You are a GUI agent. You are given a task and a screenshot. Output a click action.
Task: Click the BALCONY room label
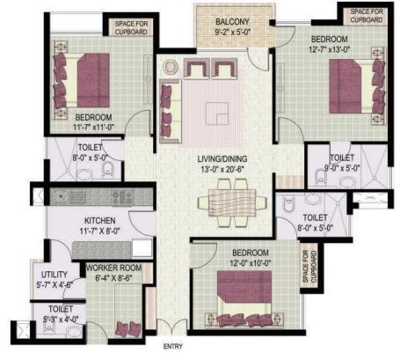(232, 22)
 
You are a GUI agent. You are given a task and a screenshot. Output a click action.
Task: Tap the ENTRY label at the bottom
(173, 347)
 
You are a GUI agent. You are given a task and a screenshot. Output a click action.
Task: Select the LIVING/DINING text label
(222, 158)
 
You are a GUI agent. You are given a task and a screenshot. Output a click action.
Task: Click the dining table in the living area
(232, 203)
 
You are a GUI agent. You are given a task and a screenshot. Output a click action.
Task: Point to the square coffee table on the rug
(217, 114)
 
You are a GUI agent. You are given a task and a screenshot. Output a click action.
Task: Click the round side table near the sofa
(170, 67)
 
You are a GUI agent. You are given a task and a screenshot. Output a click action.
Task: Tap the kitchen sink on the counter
(61, 196)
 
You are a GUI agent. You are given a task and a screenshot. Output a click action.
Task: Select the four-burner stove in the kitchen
(122, 196)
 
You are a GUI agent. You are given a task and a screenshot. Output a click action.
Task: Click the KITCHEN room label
(99, 220)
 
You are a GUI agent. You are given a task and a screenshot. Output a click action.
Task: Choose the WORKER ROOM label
(114, 268)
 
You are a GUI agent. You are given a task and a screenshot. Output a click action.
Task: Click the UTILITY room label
(55, 275)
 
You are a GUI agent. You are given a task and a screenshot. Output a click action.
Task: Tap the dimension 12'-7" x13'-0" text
(330, 49)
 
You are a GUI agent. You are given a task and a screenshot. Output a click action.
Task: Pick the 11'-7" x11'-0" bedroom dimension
(94, 127)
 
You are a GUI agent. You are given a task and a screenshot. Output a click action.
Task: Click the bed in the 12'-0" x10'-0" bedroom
(244, 298)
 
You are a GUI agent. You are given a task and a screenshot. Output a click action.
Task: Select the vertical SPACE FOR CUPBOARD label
(309, 267)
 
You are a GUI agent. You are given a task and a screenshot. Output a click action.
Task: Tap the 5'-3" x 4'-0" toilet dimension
(61, 319)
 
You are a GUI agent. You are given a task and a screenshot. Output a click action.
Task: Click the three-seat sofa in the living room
(171, 111)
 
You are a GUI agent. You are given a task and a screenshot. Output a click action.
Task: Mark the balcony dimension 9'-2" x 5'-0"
(232, 32)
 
